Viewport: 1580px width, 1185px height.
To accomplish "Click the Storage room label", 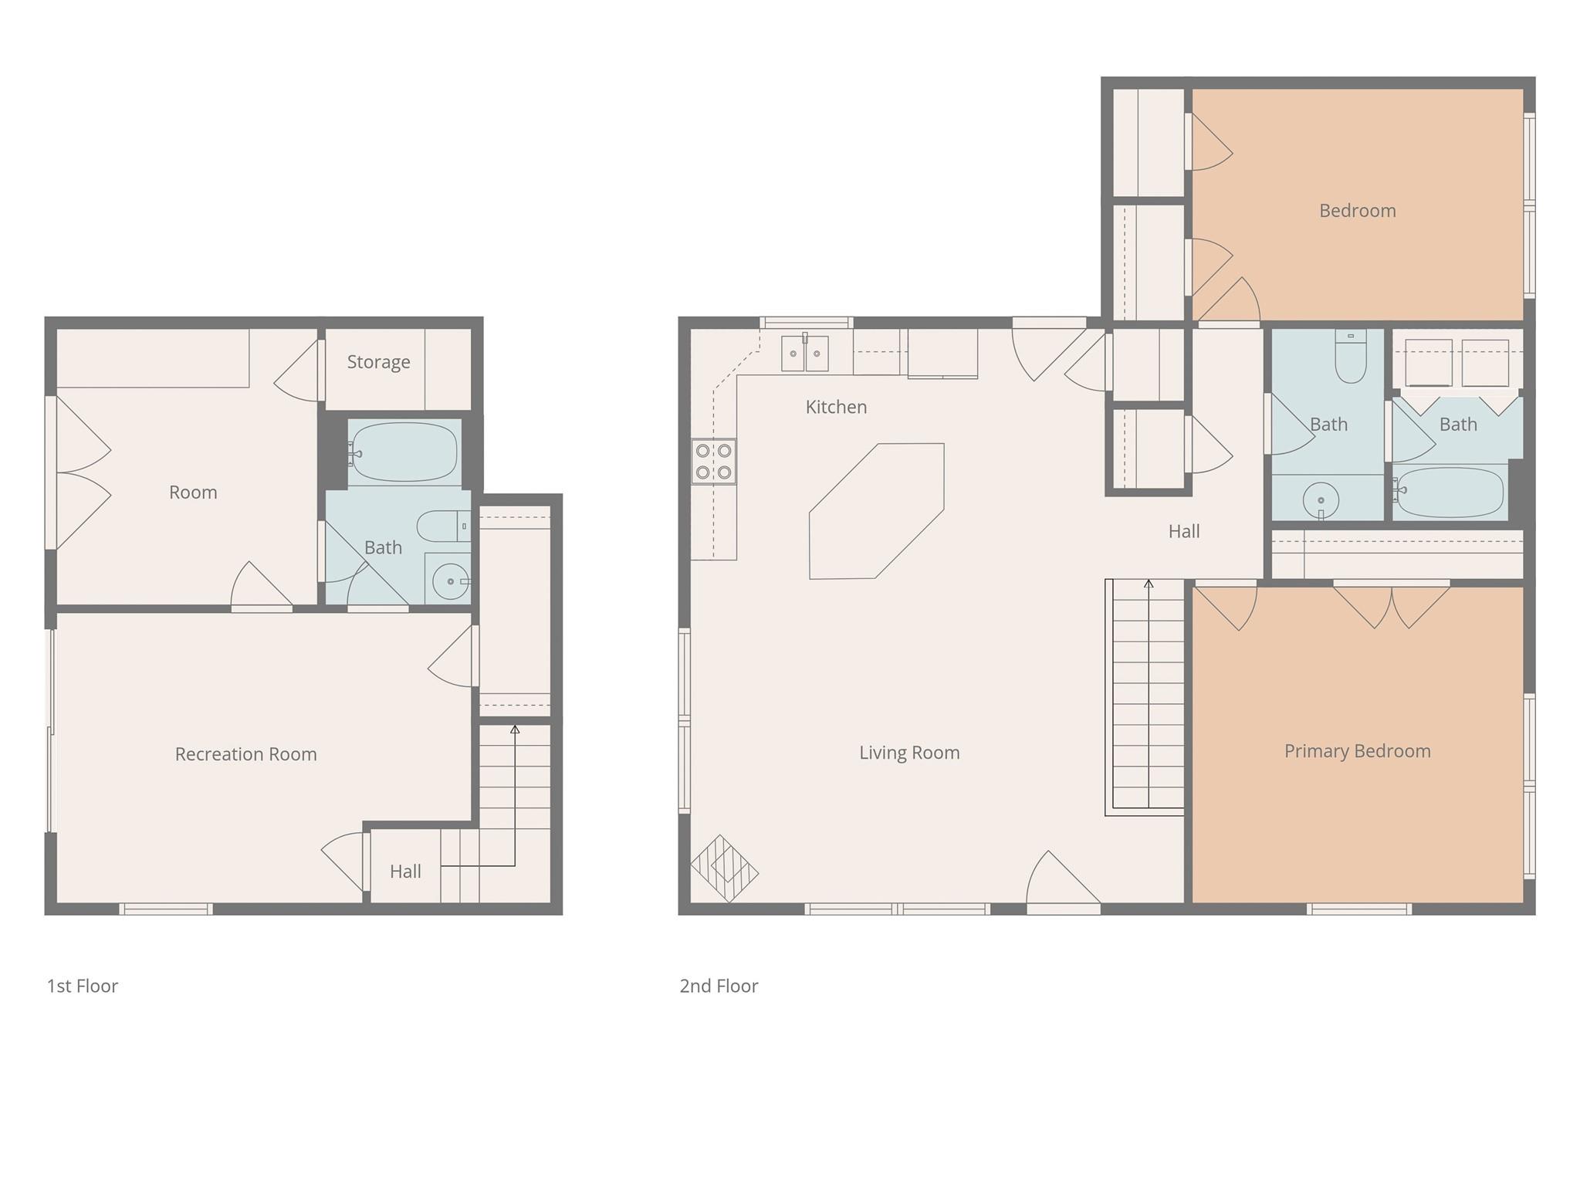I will tap(378, 362).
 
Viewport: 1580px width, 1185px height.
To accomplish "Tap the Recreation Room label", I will tap(245, 754).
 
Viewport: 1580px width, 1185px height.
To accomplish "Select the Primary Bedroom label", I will tap(1357, 751).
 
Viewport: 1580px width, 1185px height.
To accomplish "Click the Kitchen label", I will tap(836, 407).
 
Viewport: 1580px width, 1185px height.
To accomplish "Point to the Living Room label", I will tap(909, 753).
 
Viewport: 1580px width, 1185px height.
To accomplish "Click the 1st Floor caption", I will tap(83, 986).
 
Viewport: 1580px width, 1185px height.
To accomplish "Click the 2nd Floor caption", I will tap(719, 986).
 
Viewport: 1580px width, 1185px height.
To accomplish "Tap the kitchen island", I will tap(876, 511).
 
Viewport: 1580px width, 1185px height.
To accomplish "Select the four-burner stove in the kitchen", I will tap(713, 461).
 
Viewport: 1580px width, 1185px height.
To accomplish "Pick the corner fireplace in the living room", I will tap(723, 869).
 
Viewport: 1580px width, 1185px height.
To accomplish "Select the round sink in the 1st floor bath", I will tap(450, 581).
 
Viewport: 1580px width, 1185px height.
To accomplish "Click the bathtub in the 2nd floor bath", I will tap(1450, 491).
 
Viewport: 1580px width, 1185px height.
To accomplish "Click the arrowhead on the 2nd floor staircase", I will tap(1149, 584).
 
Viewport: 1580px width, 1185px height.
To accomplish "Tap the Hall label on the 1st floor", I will tap(405, 872).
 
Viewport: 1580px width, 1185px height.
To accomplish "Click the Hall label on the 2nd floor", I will tap(1183, 531).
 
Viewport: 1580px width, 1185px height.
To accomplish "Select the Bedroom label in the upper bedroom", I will tap(1357, 211).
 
